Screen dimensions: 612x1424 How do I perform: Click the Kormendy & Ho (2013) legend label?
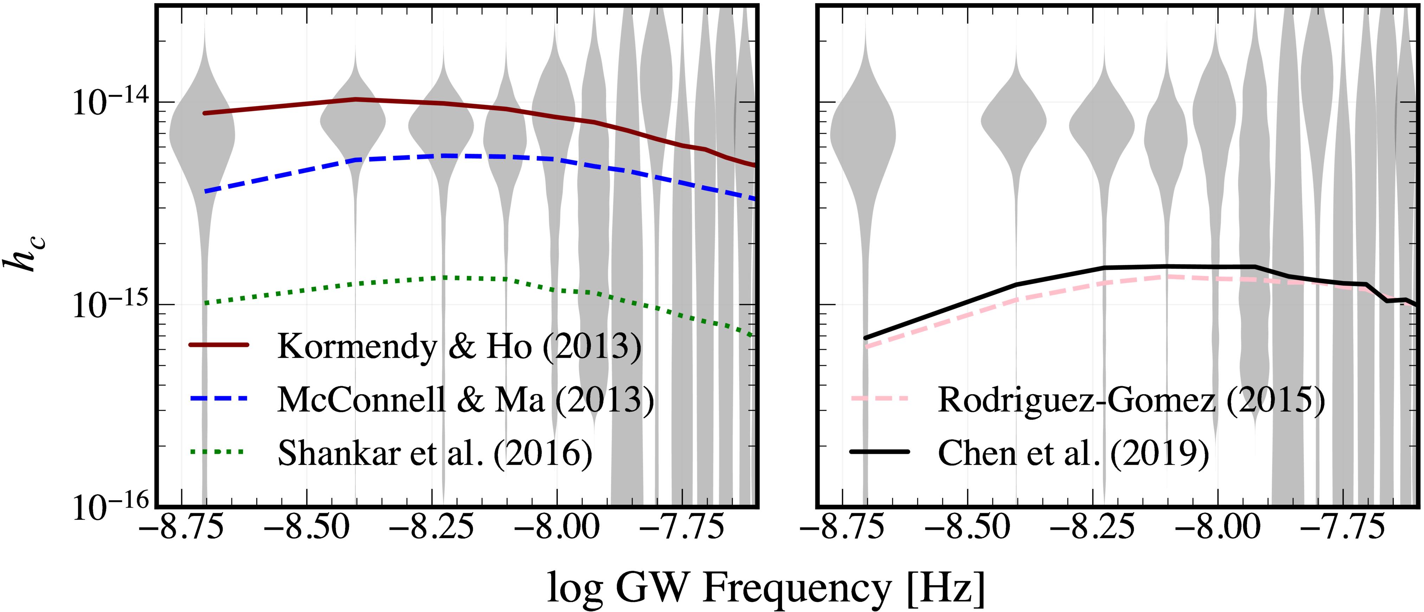pos(459,347)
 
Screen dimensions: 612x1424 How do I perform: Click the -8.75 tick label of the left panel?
pos(182,529)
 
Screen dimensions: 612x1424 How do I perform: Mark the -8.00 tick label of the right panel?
pos(1218,529)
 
